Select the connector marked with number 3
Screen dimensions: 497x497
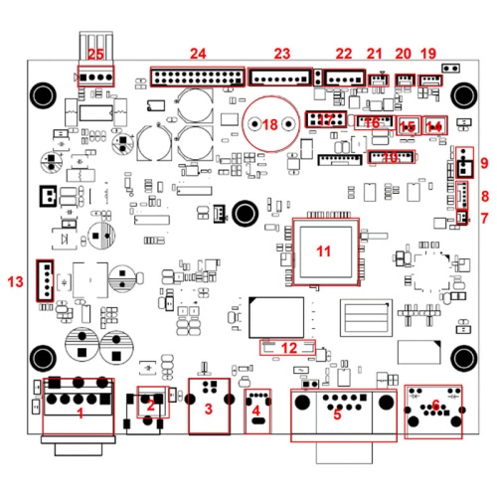pos(207,407)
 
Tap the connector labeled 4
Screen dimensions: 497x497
pos(257,411)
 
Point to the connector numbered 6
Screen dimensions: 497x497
pos(433,411)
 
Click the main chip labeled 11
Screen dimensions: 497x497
pos(321,250)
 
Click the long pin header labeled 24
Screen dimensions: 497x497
pos(197,77)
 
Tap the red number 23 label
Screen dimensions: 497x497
pos(282,53)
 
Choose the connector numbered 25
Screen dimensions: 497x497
pos(96,76)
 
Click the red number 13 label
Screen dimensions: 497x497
pos(14,282)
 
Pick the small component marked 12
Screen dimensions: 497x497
pos(287,347)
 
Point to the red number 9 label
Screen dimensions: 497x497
pos(484,163)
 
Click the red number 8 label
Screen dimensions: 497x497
pos(484,196)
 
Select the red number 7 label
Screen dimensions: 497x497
pos(484,218)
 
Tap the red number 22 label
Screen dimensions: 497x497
pos(344,53)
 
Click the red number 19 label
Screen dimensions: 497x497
pos(428,53)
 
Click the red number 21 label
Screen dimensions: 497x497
pos(375,53)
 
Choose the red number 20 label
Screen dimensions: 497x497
pos(403,53)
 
